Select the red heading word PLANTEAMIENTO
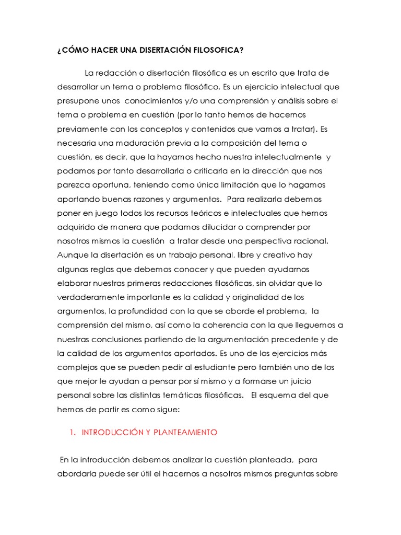[x=183, y=433]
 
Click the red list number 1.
[x=72, y=433]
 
